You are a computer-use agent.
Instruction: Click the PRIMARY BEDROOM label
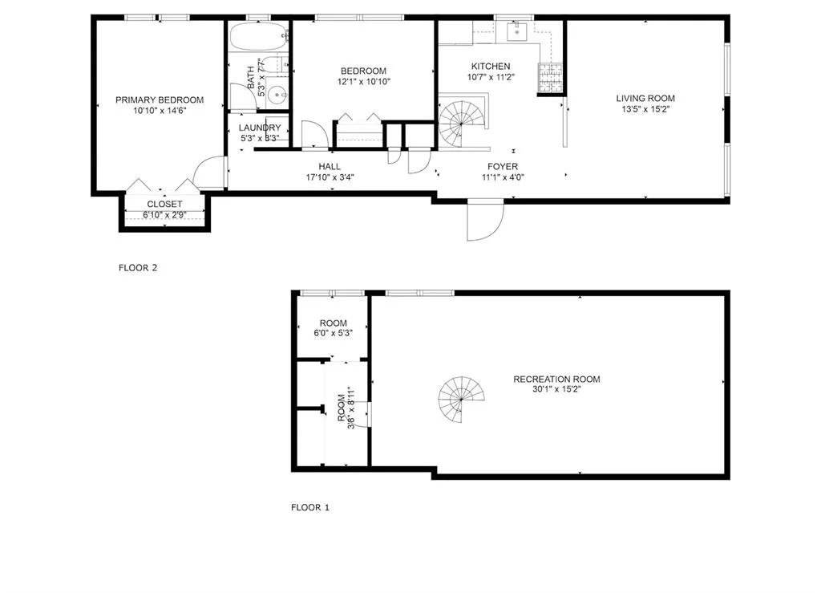pos(159,100)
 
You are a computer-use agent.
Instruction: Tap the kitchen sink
pos(515,32)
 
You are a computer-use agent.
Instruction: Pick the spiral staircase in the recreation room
pos(462,400)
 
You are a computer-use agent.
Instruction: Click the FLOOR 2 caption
pos(138,268)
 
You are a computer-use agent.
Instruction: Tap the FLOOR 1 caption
pos(309,507)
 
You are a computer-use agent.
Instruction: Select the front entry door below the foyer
pos(484,220)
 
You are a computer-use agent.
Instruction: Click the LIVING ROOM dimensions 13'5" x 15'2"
pos(645,110)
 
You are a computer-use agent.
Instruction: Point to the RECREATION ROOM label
pos(556,380)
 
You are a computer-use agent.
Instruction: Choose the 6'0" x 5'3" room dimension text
pos(332,333)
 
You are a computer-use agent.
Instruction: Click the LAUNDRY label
pos(260,128)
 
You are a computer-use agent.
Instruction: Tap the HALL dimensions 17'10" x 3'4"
pos(329,177)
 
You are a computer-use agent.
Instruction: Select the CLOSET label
pos(164,205)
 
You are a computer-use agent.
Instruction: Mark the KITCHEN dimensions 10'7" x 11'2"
pos(490,78)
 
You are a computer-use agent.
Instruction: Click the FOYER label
pos(503,166)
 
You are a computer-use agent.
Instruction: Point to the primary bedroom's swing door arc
pos(208,173)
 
